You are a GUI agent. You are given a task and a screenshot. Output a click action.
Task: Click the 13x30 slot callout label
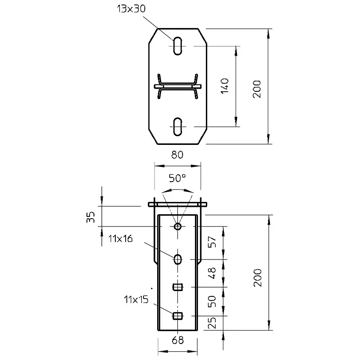tap(131, 9)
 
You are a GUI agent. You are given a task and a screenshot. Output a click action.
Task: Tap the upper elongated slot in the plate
tap(177, 46)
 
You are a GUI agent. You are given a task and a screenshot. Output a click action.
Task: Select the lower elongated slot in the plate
tap(177, 126)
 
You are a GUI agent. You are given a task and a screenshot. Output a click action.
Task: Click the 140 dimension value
tap(225, 86)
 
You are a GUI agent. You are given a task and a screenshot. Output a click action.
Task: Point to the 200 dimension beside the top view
tap(257, 89)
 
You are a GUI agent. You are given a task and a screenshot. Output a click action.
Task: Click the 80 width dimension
tap(177, 155)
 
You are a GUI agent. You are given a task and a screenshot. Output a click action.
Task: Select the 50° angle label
tap(177, 178)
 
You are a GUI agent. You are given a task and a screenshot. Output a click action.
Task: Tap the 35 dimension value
tap(91, 217)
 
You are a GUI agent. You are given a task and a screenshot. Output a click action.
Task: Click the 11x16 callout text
tap(120, 239)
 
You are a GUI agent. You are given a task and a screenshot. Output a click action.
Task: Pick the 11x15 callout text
tap(136, 299)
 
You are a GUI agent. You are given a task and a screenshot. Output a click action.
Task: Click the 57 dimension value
tap(212, 242)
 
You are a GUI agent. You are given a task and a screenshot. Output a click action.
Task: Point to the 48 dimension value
tap(212, 273)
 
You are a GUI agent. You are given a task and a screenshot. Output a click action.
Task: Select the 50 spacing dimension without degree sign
tap(212, 302)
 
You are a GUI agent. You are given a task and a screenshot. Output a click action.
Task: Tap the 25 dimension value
tap(212, 323)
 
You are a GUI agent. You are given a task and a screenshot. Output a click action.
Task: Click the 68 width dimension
tap(178, 340)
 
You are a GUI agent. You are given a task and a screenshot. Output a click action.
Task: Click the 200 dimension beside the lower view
tap(257, 277)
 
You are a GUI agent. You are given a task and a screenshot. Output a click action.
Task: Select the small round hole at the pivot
tap(177, 227)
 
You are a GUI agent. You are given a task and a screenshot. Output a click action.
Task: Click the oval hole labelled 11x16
tap(177, 259)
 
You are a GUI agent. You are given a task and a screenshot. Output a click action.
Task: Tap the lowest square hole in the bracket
tap(177, 316)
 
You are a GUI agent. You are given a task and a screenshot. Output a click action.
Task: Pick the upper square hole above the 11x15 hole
tap(177, 287)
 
